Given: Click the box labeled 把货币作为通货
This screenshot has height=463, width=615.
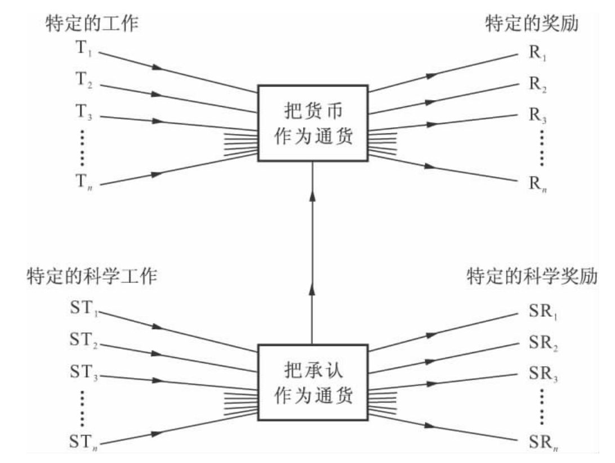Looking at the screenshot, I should click(x=313, y=123).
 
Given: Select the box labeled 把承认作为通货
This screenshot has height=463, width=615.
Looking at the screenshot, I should click(x=313, y=383).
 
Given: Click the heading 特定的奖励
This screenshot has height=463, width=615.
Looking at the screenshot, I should click(x=532, y=24).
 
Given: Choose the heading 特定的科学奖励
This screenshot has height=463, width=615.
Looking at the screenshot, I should click(x=532, y=277).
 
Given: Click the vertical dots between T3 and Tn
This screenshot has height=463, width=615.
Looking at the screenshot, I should click(x=83, y=147).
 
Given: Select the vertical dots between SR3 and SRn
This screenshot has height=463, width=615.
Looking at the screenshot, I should click(x=542, y=406).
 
